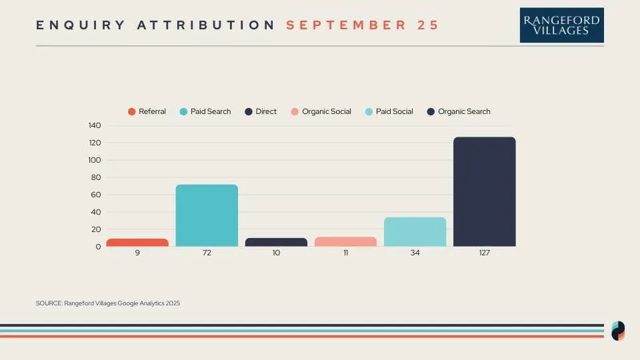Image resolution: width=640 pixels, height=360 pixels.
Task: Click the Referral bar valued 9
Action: coord(137,243)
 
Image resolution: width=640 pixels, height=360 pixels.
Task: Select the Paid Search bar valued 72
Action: coord(207,215)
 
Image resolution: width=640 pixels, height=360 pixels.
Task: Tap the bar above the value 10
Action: coord(276,242)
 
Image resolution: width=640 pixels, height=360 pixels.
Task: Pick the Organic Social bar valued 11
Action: coord(346,241)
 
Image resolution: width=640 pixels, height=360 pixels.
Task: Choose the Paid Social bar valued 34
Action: coord(415,232)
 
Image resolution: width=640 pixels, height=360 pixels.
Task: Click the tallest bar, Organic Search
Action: coord(485,192)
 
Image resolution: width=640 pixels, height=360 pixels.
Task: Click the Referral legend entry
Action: coord(147,111)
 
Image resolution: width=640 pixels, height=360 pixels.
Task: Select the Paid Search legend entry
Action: coord(205,111)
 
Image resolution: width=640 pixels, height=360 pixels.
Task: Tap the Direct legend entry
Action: coord(261,111)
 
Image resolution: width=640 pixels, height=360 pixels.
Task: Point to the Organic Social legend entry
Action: coord(321,111)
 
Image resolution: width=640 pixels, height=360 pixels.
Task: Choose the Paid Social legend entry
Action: coord(389,111)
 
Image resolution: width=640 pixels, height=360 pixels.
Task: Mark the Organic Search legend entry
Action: coord(459,111)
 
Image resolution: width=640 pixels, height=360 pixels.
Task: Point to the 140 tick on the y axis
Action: coord(95,125)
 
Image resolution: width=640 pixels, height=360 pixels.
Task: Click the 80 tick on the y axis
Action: coord(96,177)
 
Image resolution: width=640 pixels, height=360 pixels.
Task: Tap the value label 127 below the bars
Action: coord(485,253)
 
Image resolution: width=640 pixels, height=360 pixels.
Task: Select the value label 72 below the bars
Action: coord(207,253)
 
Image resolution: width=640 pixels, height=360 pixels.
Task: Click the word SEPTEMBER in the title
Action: coord(346,25)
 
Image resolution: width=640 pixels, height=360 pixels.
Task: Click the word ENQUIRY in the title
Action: coord(81,25)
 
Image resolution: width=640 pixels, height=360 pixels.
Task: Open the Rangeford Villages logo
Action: coord(561,25)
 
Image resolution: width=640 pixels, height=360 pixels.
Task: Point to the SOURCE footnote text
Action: coord(108,303)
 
